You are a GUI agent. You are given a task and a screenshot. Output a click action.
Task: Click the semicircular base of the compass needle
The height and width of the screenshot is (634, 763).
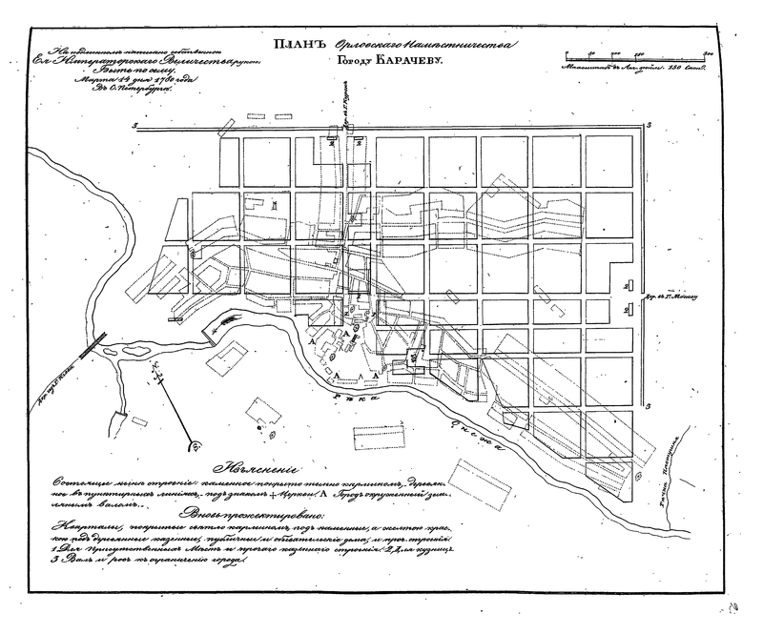(x=195, y=443)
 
